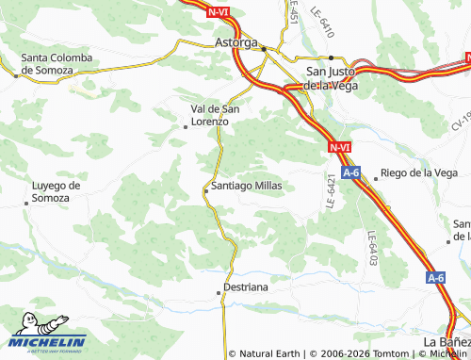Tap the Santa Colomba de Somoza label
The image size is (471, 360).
point(57,64)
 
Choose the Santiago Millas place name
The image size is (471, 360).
point(247,186)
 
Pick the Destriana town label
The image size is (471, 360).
point(246,285)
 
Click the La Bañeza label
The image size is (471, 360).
point(447,340)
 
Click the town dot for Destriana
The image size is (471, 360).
point(219,293)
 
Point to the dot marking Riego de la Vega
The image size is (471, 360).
point(376,176)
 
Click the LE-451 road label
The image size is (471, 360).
point(293,13)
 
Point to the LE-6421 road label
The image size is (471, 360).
point(332,191)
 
